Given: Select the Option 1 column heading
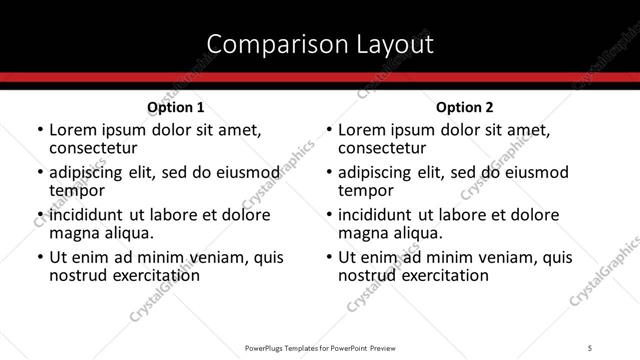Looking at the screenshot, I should (175, 107).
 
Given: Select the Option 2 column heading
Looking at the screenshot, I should (465, 107).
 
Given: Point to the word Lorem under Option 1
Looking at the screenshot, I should (72, 130).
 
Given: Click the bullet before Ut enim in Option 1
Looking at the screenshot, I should (39, 258).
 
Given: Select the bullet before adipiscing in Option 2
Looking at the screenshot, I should (329, 173).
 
